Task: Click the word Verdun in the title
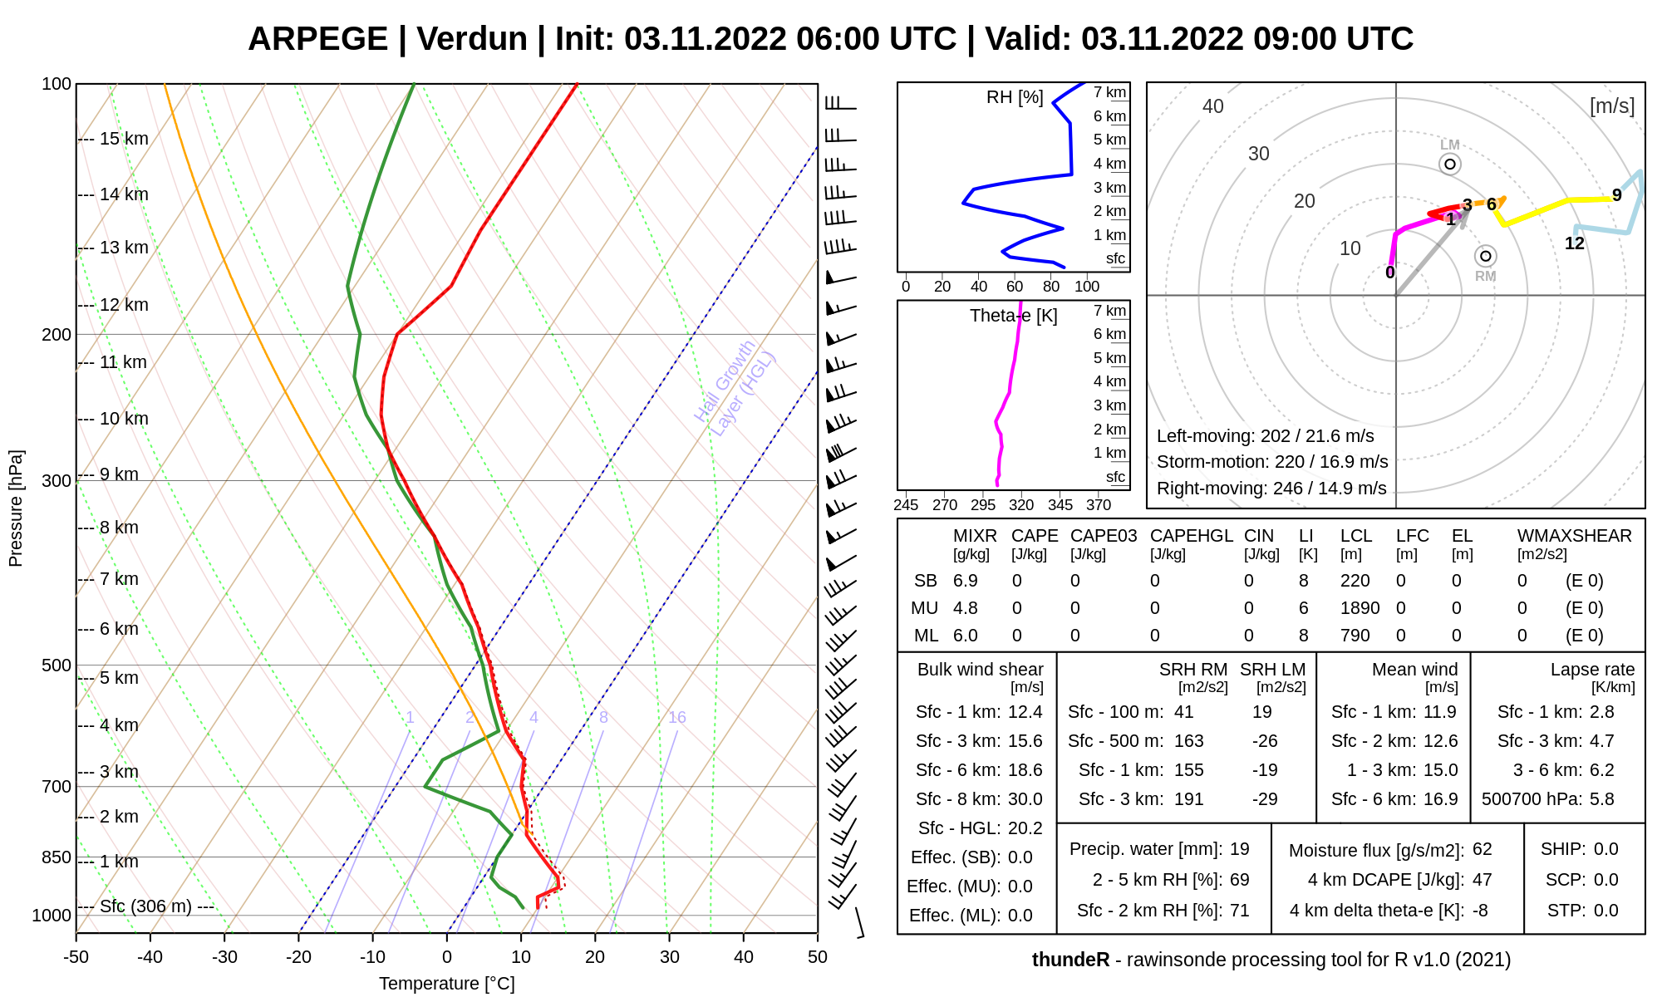coord(471,39)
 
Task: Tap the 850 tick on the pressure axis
coord(57,857)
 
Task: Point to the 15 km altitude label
coord(124,139)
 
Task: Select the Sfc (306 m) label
coord(145,906)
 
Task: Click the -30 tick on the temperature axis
coord(224,957)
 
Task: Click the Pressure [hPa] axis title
coord(16,508)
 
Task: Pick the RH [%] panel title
coord(1015,97)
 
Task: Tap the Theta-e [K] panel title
coord(1013,316)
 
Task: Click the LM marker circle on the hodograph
coord(1450,164)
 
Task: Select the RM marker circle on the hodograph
coord(1486,256)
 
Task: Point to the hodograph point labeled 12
coord(1575,243)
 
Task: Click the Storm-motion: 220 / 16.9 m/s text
coord(1272,462)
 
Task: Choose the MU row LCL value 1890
coord(1360,608)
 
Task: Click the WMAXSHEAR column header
coord(1574,536)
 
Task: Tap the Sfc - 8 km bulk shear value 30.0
coord(1025,799)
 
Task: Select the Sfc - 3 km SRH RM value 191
coord(1188,799)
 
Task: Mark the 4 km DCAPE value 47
coord(1482,880)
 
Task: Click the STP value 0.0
coord(1605,911)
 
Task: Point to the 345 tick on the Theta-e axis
coord(1060,504)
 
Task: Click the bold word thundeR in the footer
coord(1070,960)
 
